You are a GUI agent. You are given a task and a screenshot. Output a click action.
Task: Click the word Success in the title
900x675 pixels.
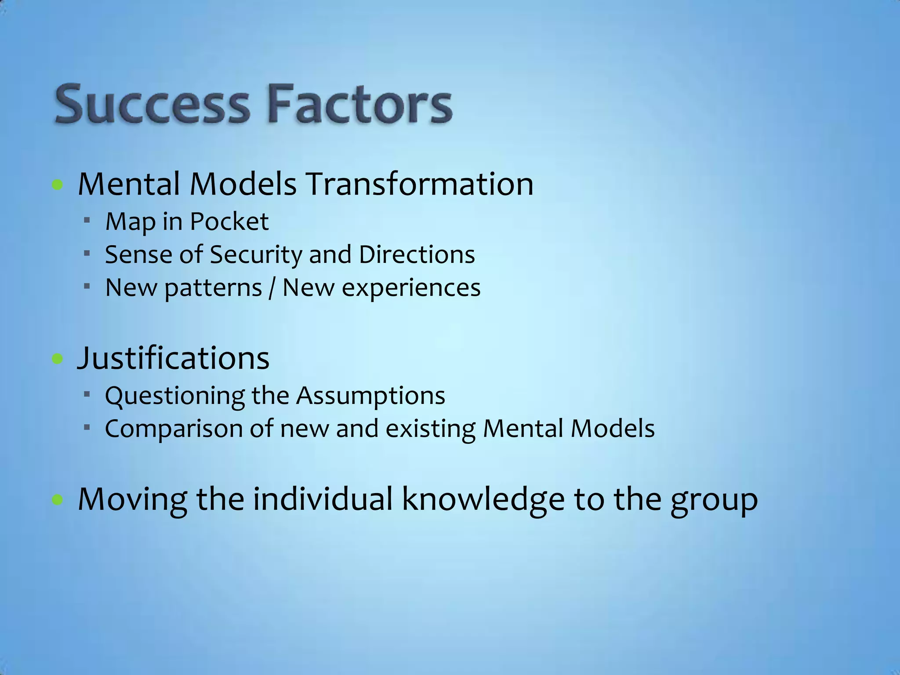[x=152, y=105]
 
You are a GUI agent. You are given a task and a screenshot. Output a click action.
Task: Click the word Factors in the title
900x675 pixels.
[x=359, y=105]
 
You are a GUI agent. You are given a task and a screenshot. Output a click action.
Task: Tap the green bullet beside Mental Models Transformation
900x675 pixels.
[x=57, y=185]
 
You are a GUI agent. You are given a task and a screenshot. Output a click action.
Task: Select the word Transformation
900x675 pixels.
[x=419, y=184]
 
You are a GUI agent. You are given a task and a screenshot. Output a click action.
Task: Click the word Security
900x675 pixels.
[x=256, y=255]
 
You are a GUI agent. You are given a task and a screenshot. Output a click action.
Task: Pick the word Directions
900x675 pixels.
[x=417, y=254]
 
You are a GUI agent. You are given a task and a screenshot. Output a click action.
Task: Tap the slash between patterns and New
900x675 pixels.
[x=272, y=288]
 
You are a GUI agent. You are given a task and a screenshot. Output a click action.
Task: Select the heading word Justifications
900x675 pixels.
[x=173, y=358]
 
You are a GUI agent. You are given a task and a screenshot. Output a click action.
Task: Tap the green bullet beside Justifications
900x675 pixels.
[x=57, y=359]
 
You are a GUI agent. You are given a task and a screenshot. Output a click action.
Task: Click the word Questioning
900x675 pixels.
[x=174, y=396]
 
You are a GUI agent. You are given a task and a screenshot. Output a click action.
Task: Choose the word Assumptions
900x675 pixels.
[x=370, y=396]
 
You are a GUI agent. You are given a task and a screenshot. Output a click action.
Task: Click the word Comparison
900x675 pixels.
[x=174, y=429]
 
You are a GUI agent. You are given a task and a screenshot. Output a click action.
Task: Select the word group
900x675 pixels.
[x=714, y=501]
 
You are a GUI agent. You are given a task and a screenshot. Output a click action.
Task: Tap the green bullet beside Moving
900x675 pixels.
[x=57, y=500]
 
